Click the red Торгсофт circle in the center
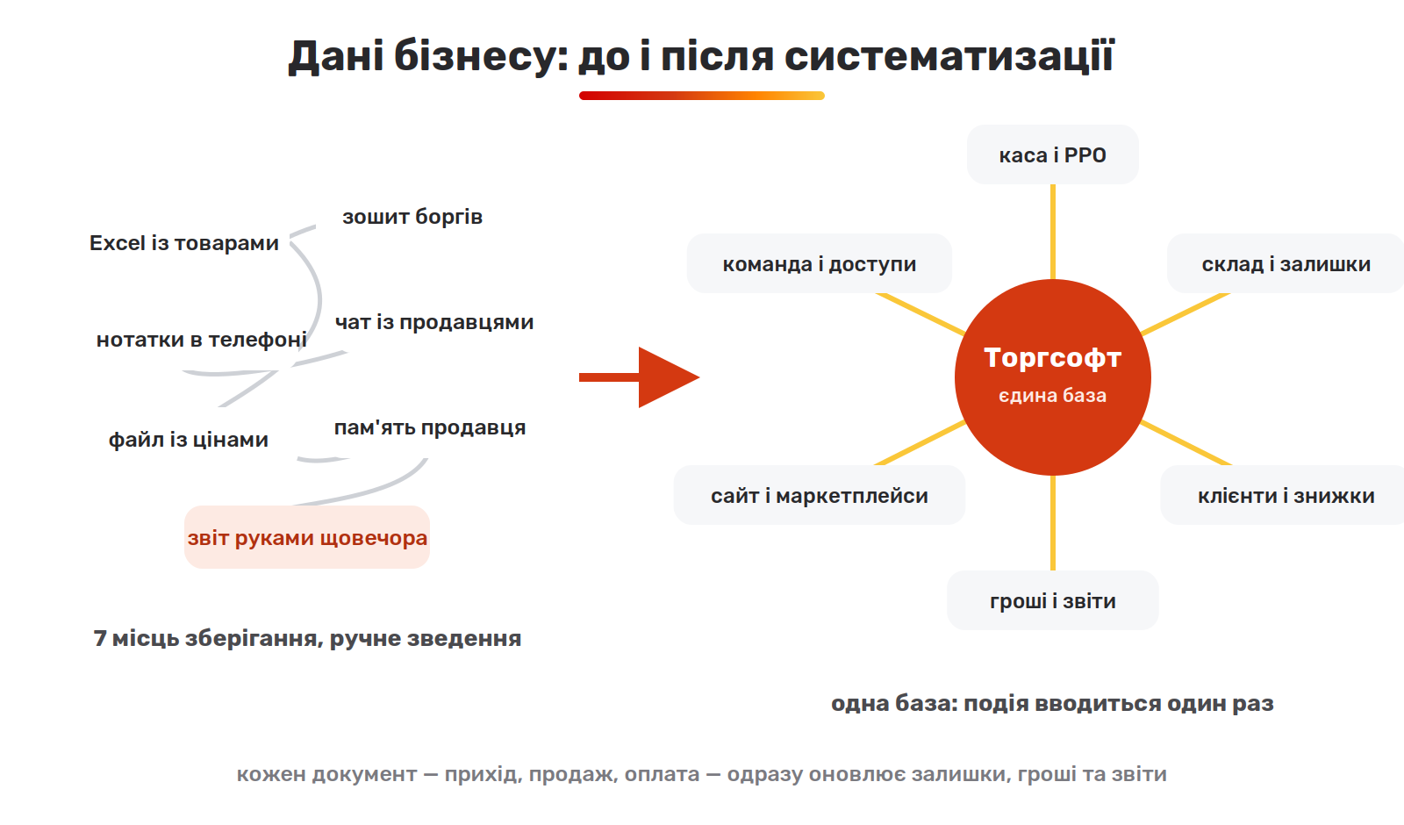coord(1052,377)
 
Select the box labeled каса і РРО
coord(1052,154)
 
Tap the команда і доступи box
coord(820,264)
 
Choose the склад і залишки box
coord(1286,264)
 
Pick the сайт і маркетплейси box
coord(820,495)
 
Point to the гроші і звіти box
coord(1052,600)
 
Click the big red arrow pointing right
coord(639,377)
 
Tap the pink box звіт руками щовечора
coord(307,537)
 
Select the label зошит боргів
coord(412,217)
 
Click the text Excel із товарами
coord(183,243)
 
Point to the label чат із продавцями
coord(434,322)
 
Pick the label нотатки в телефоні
coord(201,340)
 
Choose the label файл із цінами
coord(188,440)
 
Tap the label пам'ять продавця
coord(430,427)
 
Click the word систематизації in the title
coord(949,56)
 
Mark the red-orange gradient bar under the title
coord(701,96)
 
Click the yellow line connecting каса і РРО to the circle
coord(1052,232)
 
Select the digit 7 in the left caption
coord(100,639)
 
